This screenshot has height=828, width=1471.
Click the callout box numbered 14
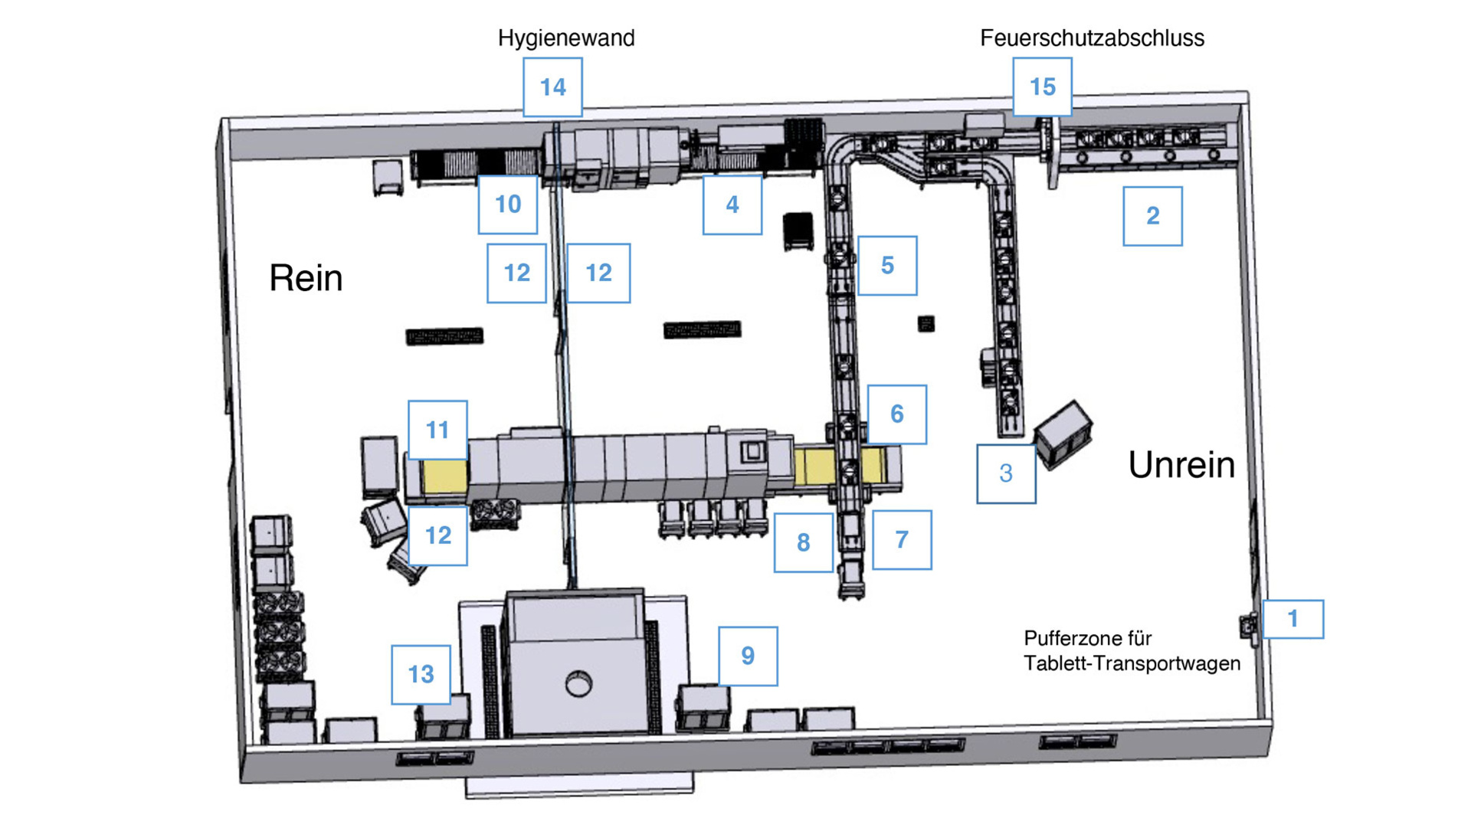[552, 87]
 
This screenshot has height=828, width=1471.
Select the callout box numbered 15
[1042, 87]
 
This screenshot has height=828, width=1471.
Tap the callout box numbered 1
[1292, 619]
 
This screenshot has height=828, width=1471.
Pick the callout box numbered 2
[1152, 216]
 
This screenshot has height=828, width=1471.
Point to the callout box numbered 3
[1006, 473]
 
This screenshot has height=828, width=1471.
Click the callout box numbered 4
[732, 205]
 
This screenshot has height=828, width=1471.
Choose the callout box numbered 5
[887, 266]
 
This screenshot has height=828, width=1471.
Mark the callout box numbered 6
[896, 414]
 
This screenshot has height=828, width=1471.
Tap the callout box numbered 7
[902, 540]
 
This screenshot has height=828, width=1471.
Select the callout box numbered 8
[803, 542]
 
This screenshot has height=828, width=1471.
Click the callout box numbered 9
[748, 656]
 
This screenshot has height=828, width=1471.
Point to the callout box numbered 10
[507, 205]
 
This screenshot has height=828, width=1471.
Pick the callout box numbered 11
[437, 430]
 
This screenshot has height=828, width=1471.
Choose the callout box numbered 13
[421, 674]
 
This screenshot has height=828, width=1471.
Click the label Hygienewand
[566, 38]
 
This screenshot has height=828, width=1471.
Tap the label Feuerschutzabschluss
[1092, 38]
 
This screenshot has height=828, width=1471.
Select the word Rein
[306, 278]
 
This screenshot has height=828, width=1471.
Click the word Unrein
[1181, 465]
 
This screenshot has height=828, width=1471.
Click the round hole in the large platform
[578, 683]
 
